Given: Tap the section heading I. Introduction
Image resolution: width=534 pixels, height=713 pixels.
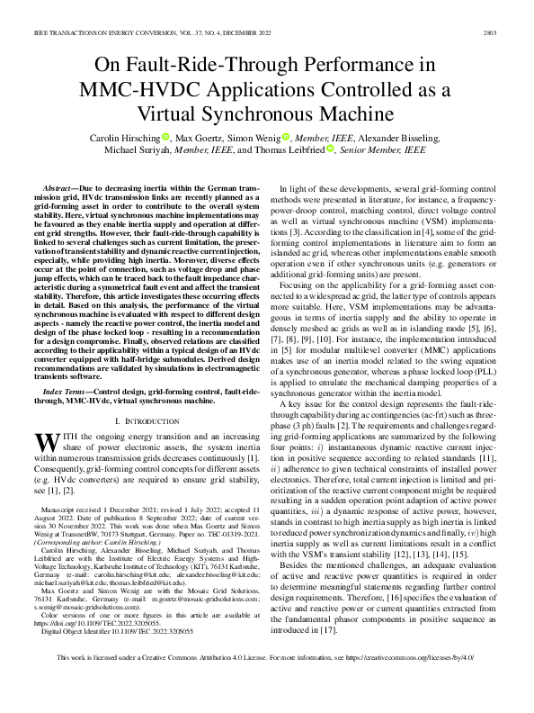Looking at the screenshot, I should pyautogui.click(x=148, y=396).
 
